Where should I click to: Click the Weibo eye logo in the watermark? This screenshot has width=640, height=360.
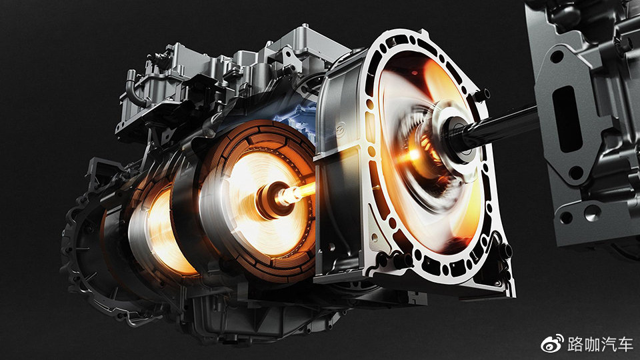pyautogui.click(x=553, y=344)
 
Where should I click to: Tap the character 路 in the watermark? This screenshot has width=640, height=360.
pyautogui.click(x=575, y=345)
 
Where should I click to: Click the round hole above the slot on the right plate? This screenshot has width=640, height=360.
pyautogui.click(x=557, y=57)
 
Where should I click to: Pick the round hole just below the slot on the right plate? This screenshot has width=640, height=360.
pyautogui.click(x=576, y=173)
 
